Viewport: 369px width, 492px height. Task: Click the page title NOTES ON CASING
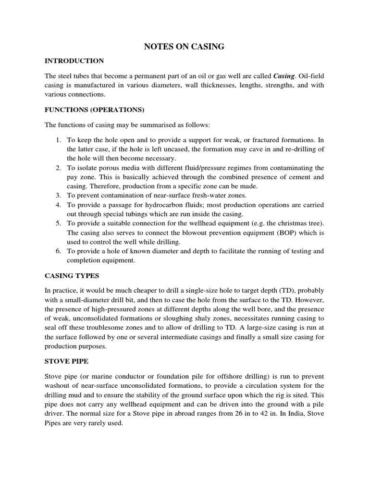(184, 47)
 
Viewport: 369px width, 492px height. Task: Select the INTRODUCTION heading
(74, 61)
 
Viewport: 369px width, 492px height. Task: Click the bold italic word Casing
(283, 76)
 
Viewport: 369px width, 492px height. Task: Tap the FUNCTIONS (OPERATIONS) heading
(94, 110)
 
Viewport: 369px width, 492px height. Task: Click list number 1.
(58, 140)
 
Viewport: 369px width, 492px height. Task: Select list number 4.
(58, 205)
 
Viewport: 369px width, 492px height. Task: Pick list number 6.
(58, 251)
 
